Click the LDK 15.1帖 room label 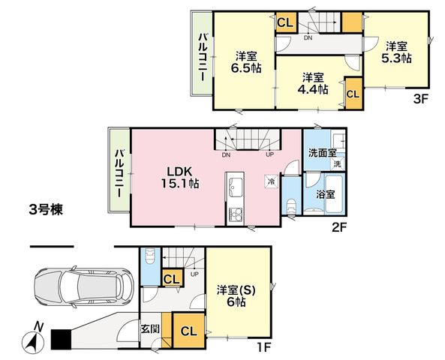coord(180,178)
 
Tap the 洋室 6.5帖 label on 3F coord(246,62)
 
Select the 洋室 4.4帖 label coord(313,83)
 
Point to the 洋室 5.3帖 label coord(396,52)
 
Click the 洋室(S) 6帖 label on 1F coord(236,296)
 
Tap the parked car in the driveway coord(83,287)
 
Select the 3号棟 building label coord(46,210)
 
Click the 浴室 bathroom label coord(326,194)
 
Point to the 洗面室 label coord(323,154)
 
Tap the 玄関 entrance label coord(150,329)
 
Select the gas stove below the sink coord(236,214)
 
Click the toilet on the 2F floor coord(291,206)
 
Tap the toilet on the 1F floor coord(149,256)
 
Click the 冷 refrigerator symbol coord(272,181)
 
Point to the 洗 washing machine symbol coord(338,163)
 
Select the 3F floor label coord(420,99)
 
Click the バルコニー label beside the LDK coord(119,174)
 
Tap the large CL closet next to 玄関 coord(189,331)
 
